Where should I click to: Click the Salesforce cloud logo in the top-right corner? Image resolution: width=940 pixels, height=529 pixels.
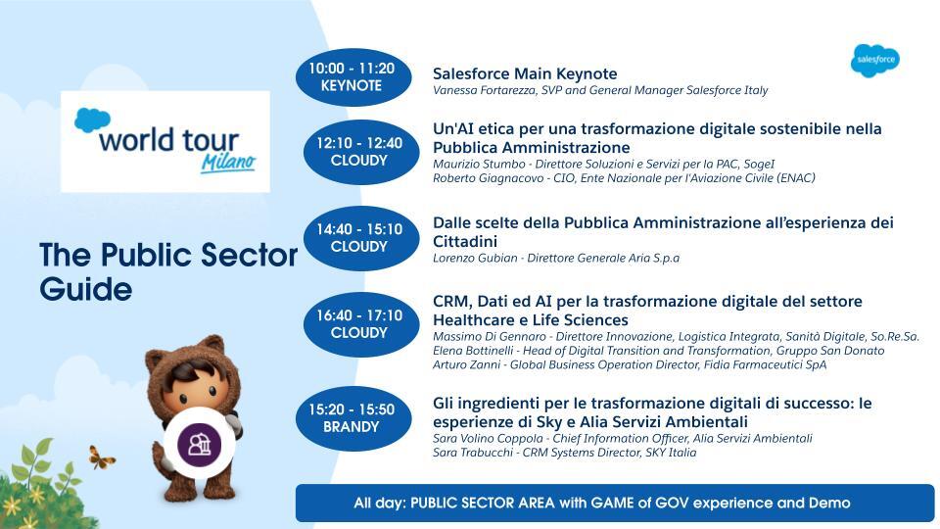coord(875,61)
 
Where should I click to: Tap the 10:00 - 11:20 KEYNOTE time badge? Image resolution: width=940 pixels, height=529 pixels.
coord(353,77)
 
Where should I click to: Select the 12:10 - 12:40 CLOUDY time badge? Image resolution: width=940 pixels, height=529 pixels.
coord(361,152)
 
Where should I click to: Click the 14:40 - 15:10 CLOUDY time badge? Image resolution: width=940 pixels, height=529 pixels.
coord(361,238)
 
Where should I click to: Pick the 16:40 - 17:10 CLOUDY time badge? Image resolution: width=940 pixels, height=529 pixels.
coord(361,324)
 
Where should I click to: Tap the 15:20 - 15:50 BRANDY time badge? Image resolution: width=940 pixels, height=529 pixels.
coord(353,418)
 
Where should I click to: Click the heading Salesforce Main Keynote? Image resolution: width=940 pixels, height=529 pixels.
coord(525,73)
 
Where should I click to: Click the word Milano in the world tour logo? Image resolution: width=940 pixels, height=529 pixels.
coord(228,162)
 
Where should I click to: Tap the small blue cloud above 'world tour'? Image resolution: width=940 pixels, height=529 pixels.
coord(92,120)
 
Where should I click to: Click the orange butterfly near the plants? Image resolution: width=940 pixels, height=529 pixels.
coord(101,457)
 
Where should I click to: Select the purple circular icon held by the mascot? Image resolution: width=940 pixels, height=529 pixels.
coord(200,444)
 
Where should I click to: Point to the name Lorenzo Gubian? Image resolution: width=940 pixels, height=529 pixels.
coord(475,259)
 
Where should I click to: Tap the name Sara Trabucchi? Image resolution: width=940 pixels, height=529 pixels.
coord(472,453)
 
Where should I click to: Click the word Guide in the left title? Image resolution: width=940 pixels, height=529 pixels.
coord(86,290)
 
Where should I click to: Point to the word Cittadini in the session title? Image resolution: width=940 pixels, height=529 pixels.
coord(465,242)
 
